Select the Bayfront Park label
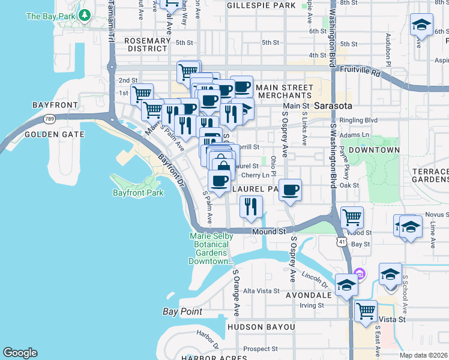pos(138,193)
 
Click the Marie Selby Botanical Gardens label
pos(211,249)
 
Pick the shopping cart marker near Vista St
pos(366,311)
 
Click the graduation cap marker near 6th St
pos(421,26)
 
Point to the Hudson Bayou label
pos(261,327)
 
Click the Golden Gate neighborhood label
pos(55,134)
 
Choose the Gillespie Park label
pos(261,5)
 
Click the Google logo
pos(20,353)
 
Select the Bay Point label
pos(182,311)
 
